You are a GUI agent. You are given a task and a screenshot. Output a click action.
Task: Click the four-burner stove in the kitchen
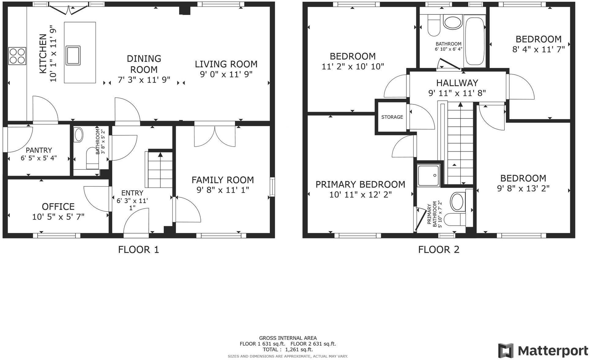[17, 56]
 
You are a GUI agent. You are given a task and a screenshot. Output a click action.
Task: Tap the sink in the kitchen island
[73, 55]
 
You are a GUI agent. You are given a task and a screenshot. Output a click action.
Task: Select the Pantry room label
[39, 150]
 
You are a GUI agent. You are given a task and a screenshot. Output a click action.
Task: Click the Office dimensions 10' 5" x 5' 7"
[58, 217]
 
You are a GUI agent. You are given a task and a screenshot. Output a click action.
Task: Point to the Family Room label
[223, 180]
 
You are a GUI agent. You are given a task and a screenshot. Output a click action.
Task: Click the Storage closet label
[392, 117]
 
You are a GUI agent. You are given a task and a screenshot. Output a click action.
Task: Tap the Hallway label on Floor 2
[457, 83]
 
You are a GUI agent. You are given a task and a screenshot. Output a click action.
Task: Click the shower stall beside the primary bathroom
[429, 176]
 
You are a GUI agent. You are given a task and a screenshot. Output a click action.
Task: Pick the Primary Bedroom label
[360, 184]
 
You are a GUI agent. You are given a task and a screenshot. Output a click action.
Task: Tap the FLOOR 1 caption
[139, 250]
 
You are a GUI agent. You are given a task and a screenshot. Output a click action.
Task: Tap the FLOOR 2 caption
[439, 250]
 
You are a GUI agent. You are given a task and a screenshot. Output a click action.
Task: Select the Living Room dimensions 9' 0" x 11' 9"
[226, 74]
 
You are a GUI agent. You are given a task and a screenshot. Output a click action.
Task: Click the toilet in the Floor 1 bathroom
[92, 157]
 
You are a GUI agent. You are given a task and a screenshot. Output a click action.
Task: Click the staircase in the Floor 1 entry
[160, 170]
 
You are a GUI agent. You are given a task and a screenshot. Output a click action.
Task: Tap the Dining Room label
[144, 64]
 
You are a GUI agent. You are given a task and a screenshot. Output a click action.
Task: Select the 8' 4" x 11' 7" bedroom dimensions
[538, 49]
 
